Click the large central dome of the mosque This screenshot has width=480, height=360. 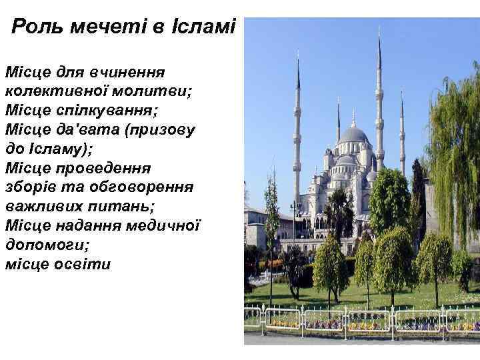354,135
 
